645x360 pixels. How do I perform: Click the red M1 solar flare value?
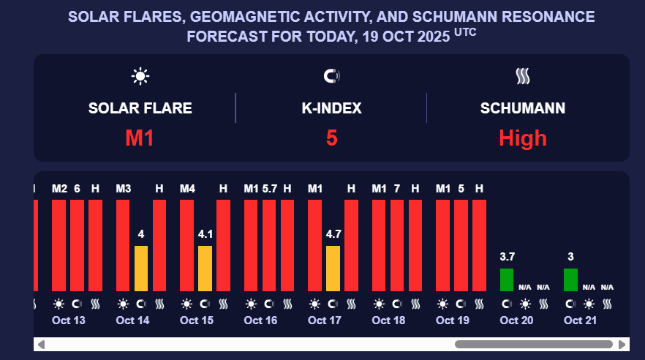coord(139,138)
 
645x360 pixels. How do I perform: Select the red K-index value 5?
coord(331,138)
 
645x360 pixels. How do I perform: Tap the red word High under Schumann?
coord(522,138)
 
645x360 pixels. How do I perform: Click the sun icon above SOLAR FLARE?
coord(140,75)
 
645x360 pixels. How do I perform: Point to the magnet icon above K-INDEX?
coord(331,75)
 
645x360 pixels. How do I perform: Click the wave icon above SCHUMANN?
coord(522,75)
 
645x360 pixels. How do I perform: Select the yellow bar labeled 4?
coord(141,268)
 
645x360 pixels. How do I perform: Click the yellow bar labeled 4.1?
coord(205,268)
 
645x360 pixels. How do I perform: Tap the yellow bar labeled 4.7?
coord(333,268)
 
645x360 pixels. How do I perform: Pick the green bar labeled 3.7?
coord(506,280)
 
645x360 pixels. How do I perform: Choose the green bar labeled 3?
coord(570,280)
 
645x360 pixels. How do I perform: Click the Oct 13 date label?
coord(69,320)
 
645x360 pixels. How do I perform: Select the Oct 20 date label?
coord(516,320)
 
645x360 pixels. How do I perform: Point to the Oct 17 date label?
coord(325,320)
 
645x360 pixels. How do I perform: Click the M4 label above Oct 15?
coord(187,189)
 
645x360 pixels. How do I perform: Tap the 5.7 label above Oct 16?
coord(269,189)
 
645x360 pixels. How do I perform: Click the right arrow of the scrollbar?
coord(622,344)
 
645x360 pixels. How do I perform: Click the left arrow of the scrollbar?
coord(41,344)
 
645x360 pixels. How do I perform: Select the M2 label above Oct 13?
coord(59,189)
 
